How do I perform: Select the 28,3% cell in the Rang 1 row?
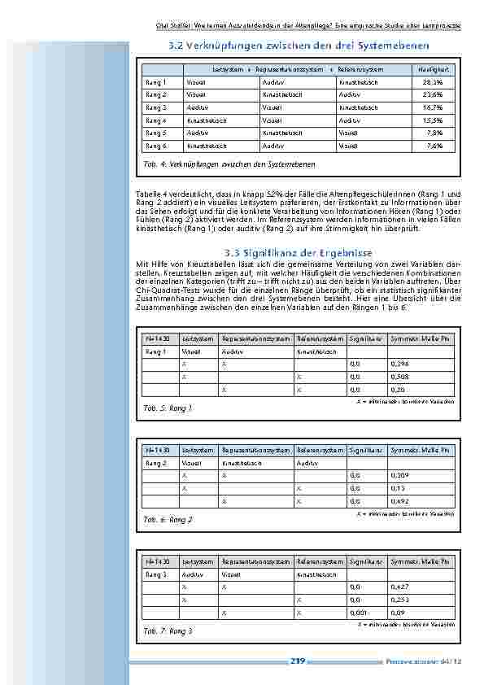pos(433,82)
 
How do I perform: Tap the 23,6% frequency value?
pos(433,94)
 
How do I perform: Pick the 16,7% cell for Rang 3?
pos(433,107)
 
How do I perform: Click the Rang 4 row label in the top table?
pos(155,120)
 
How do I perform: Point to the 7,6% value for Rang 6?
pos(434,146)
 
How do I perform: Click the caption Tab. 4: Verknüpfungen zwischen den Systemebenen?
pos(229,164)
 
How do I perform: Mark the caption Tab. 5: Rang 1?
pos(168,407)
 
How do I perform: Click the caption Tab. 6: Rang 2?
pos(168,519)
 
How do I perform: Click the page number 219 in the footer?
pos(297,661)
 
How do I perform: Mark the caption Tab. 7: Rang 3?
pos(168,630)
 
